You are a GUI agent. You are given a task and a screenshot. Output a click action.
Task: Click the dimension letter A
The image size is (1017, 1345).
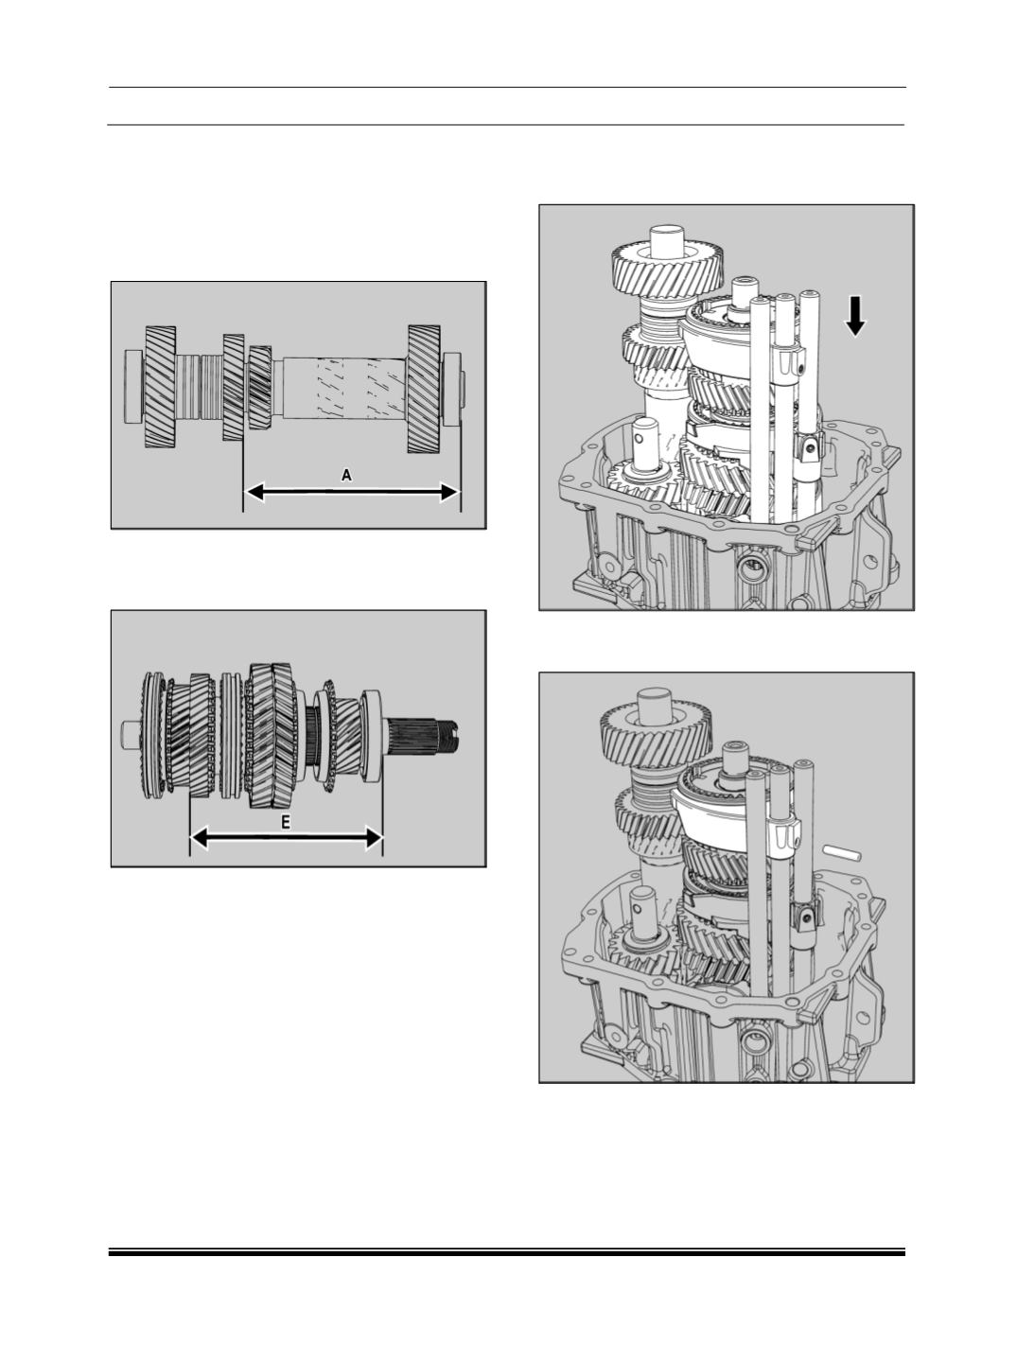click(x=346, y=475)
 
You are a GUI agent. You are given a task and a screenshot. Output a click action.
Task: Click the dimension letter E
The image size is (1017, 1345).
click(x=286, y=823)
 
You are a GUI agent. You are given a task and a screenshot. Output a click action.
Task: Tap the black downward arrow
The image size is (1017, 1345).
click(x=855, y=316)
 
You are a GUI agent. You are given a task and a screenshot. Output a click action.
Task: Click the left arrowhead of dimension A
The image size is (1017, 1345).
click(x=254, y=492)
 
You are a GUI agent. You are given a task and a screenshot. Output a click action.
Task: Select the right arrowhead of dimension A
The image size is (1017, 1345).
click(x=449, y=492)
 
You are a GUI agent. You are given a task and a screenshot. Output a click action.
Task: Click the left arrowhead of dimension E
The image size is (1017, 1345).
click(x=201, y=838)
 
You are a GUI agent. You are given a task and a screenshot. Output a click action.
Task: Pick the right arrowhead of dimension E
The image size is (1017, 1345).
click(x=373, y=838)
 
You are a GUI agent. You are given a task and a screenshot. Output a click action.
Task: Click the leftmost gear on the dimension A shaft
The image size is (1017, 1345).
click(x=161, y=387)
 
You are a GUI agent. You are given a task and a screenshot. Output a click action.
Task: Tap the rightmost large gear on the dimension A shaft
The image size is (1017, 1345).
click(x=424, y=389)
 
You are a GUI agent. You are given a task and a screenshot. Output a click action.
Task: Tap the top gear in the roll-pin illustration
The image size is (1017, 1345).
click(x=657, y=734)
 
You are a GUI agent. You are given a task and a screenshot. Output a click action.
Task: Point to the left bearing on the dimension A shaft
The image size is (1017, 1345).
click(x=134, y=386)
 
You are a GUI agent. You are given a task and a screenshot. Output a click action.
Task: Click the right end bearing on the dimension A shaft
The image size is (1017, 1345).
click(x=451, y=389)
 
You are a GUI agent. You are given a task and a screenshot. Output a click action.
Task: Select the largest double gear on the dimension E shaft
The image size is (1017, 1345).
click(x=272, y=735)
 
